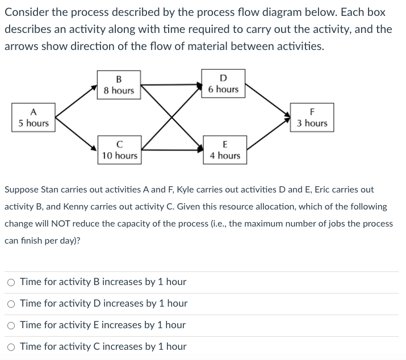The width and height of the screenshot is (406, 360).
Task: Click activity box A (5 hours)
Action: click(x=33, y=118)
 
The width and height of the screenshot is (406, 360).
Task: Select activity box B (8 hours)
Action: click(x=119, y=85)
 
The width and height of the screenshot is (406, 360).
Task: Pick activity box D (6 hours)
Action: click(x=223, y=83)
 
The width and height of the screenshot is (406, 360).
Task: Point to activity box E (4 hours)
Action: click(x=225, y=150)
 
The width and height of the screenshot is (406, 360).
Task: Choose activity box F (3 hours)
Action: click(x=312, y=118)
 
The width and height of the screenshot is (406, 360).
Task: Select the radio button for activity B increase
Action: click(x=11, y=282)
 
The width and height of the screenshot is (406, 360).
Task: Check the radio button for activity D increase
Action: click(x=11, y=304)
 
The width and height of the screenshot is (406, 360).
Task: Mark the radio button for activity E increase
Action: click(x=11, y=325)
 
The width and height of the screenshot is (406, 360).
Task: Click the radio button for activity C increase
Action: click(x=11, y=347)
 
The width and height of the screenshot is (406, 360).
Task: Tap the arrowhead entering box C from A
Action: click(x=94, y=149)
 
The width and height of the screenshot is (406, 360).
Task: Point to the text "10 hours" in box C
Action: click(x=119, y=155)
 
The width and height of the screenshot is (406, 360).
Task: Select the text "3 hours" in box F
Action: click(x=312, y=123)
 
